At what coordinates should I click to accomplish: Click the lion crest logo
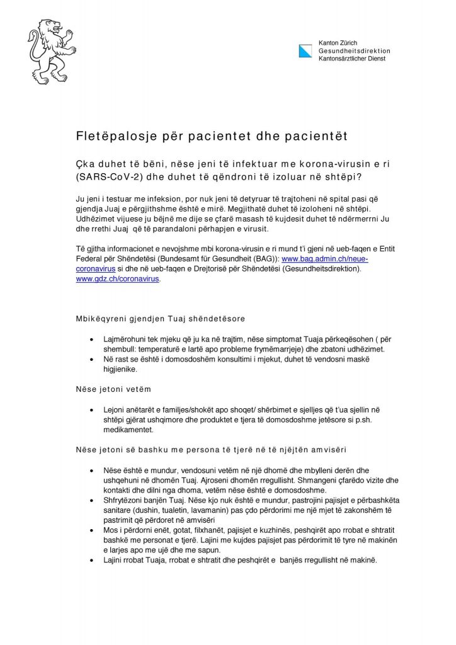pos(52,52)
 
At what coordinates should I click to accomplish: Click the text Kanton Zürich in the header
pos(338,42)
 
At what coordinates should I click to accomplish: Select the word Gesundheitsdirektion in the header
pos(354,50)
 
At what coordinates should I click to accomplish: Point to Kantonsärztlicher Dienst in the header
pos(352,59)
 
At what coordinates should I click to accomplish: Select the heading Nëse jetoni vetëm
pos(113,389)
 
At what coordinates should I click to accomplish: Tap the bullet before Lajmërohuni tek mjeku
pos(93,339)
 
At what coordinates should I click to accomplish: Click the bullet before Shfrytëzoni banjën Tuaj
pos(93,501)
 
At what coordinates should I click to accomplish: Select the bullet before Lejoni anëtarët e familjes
pos(93,410)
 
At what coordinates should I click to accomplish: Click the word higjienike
pos(120,369)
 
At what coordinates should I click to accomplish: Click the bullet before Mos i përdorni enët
pos(93,531)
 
